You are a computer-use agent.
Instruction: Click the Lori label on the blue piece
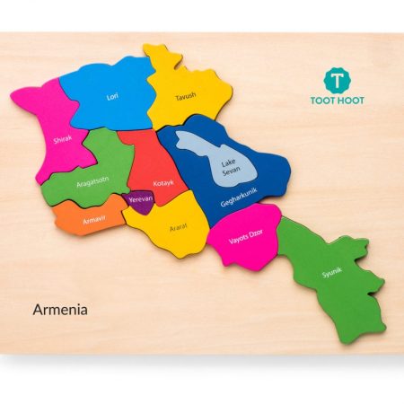click(x=112, y=96)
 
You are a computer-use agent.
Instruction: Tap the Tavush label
click(x=185, y=94)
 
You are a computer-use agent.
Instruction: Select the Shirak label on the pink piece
click(x=63, y=139)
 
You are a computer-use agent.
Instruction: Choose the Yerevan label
click(x=140, y=199)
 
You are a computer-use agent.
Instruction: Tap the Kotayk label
click(x=163, y=183)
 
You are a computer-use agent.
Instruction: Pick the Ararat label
click(x=178, y=227)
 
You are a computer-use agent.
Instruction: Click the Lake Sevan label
click(x=230, y=167)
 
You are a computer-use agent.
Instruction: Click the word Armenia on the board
click(x=60, y=310)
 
